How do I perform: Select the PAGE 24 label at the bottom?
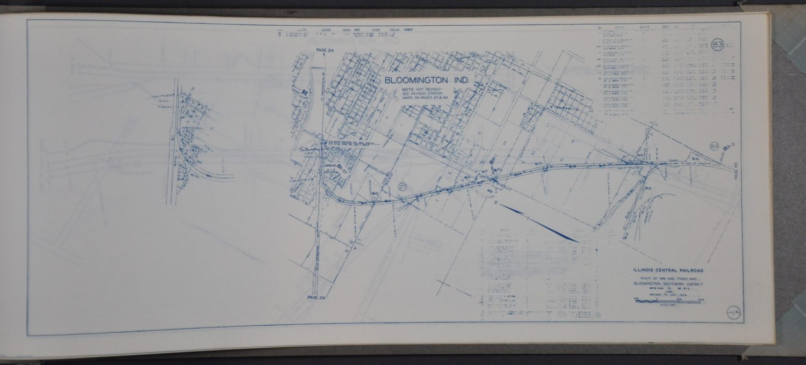(x=315, y=296)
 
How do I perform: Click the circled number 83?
(x=717, y=45)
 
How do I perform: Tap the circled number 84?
(x=715, y=146)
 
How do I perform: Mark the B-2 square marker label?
(x=729, y=147)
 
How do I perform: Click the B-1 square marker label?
(x=495, y=158)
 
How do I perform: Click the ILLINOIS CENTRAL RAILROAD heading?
(x=668, y=271)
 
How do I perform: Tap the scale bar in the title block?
(x=668, y=302)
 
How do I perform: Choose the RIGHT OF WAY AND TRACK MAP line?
(x=668, y=279)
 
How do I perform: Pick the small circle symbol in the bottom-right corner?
(x=733, y=311)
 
